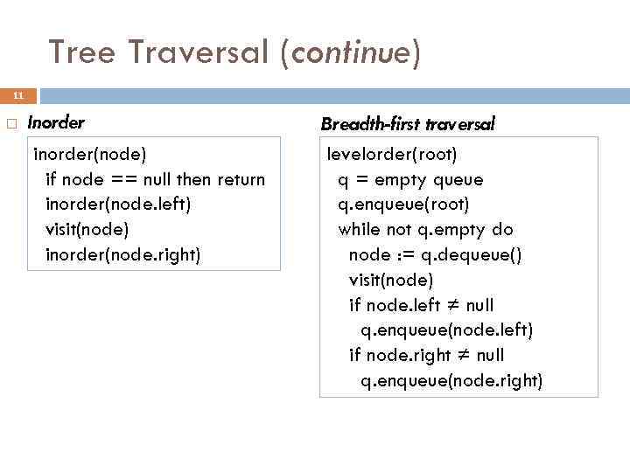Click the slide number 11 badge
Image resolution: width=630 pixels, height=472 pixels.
[x=18, y=95]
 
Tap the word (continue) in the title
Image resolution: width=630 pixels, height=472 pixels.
[x=351, y=53]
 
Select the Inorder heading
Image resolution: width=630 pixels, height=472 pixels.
[x=56, y=122]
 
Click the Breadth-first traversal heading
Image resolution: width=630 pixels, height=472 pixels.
[x=408, y=124]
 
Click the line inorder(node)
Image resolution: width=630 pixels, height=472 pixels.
[x=89, y=155]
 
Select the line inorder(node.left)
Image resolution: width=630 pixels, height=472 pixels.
[x=117, y=205]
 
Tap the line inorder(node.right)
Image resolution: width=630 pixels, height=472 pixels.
[x=122, y=254]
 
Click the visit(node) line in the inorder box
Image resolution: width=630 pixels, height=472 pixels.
[x=87, y=229]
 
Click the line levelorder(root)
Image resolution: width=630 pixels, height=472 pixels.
[x=392, y=155]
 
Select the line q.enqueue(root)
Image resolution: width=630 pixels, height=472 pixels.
[x=403, y=205]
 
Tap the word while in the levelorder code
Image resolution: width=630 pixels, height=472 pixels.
[x=359, y=230]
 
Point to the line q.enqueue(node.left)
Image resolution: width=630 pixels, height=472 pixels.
[x=446, y=330]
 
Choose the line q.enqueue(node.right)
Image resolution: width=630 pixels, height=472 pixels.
[x=451, y=380]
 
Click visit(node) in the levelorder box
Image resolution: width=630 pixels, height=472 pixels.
[x=390, y=280]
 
